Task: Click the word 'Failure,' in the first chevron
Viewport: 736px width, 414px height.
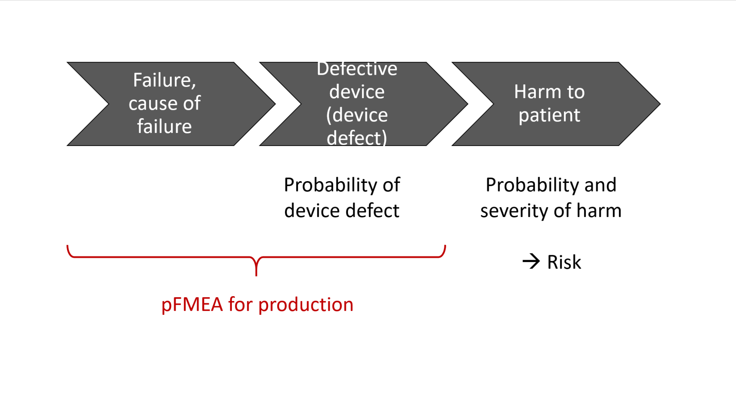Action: (164, 80)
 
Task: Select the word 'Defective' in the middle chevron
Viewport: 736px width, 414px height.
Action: (357, 69)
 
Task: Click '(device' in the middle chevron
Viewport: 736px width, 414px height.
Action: (357, 115)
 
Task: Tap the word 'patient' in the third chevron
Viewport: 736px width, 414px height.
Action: (549, 115)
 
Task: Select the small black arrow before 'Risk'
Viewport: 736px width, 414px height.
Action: (531, 261)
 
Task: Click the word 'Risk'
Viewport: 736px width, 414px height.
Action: (564, 262)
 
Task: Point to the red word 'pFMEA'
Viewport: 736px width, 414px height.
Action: (192, 305)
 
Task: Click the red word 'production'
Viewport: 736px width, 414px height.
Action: (306, 305)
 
